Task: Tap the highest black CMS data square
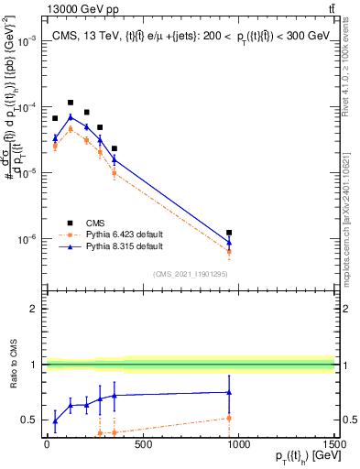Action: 71,103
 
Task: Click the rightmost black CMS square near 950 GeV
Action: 229,233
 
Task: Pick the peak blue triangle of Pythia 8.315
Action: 71,116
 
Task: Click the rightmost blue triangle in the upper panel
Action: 229,243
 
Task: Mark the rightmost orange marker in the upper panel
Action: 229,251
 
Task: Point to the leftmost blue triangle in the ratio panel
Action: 55,421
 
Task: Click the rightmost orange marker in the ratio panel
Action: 229,418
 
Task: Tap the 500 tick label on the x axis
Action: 142,444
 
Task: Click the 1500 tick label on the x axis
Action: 334,444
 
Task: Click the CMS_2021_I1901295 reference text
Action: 190,273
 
